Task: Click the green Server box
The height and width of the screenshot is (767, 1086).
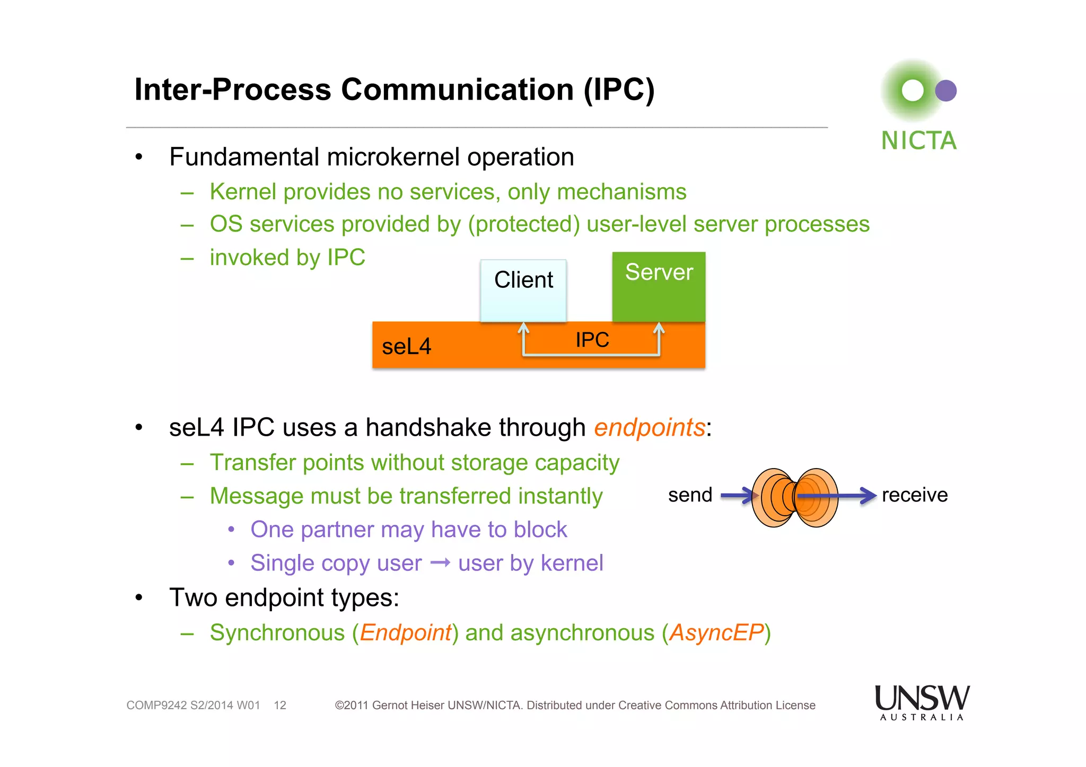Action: (659, 287)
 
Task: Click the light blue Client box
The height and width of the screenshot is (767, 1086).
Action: (523, 290)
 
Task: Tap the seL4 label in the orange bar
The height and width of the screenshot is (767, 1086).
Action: (406, 347)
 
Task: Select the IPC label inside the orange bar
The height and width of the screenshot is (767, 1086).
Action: (592, 340)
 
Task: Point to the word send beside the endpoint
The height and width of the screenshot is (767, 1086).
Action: (689, 495)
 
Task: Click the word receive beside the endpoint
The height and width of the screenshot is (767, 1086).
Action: (914, 495)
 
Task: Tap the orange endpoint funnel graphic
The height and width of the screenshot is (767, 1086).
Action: (794, 497)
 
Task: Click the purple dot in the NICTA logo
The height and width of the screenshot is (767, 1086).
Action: (945, 91)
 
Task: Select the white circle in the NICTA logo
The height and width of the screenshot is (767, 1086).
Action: (913, 91)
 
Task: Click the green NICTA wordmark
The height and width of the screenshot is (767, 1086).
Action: (918, 141)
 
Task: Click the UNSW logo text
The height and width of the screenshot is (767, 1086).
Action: (922, 698)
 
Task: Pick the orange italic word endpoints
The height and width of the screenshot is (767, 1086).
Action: (649, 428)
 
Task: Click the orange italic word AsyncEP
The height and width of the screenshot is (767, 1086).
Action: (716, 633)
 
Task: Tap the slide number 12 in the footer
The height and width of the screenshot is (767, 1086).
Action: (280, 706)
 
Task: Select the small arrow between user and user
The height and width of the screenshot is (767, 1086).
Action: (440, 562)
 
